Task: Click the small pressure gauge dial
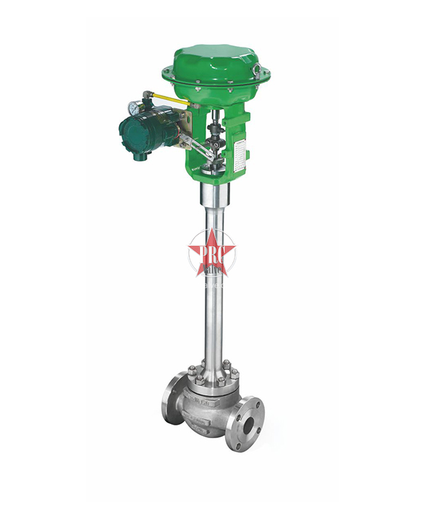coord(133,108)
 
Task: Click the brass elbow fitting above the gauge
coord(147,94)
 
